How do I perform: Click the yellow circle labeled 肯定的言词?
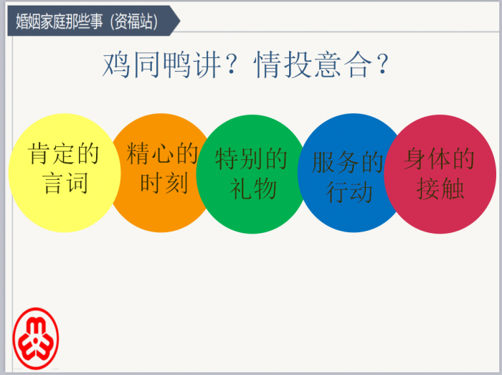coord(65,173)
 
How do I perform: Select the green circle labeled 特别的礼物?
coord(252,174)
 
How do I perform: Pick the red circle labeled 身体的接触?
coord(440,174)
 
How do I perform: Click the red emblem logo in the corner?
coord(36,338)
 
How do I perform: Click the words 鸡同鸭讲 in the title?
coord(161,65)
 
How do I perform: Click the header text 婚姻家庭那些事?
coord(60,22)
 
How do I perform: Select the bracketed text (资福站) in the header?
coord(134,22)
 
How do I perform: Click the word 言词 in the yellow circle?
coord(66,184)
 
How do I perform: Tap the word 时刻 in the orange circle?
coord(164,183)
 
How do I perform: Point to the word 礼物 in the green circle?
coord(253,189)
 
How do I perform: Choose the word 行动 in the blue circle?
coord(349,192)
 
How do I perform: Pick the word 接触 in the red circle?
coord(440,189)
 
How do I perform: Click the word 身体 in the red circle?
coord(427,158)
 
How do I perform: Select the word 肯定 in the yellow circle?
coord(52,153)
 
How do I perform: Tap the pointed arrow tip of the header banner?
coord(180,21)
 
